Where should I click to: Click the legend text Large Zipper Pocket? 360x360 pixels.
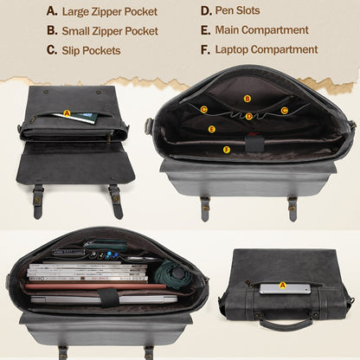click(110, 12)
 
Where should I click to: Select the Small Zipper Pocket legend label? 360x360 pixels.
click(110, 31)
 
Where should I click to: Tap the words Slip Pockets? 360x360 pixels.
click(91, 50)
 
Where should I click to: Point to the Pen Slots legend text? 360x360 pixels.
click(237, 10)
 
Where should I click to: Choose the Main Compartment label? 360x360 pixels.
click(262, 30)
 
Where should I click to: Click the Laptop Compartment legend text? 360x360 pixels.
click(267, 49)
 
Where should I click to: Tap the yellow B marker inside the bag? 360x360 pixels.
click(247, 99)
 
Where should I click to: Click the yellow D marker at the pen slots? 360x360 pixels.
click(249, 116)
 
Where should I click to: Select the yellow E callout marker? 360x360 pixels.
click(212, 129)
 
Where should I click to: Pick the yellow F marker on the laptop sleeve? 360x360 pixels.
click(227, 150)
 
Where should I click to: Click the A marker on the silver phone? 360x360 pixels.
click(283, 286)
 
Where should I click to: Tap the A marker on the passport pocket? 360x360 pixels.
click(67, 113)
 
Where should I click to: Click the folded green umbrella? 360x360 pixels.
click(172, 273)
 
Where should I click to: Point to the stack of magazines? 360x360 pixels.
click(88, 272)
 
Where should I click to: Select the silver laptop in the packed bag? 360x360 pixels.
click(104, 299)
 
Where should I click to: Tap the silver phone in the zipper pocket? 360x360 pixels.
click(286, 289)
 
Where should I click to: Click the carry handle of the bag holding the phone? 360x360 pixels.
click(286, 324)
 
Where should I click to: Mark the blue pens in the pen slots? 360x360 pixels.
click(112, 254)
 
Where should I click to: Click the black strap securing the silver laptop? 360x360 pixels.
click(108, 297)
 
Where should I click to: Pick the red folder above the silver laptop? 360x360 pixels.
click(96, 286)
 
